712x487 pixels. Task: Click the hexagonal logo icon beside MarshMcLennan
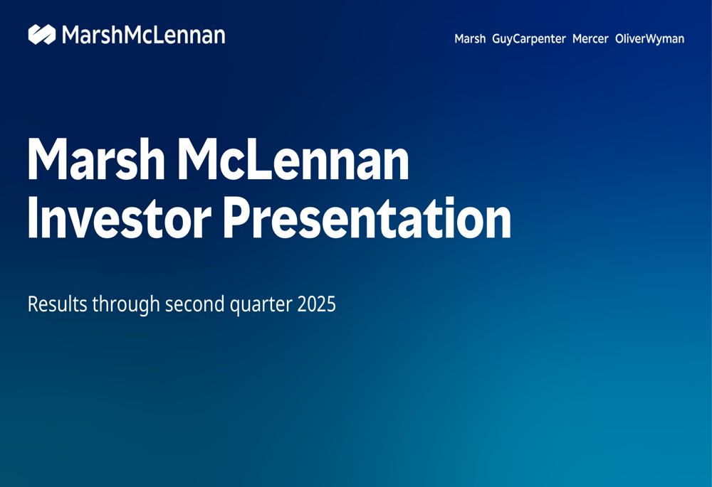[x=42, y=34]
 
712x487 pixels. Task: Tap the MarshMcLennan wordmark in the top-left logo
[x=144, y=35]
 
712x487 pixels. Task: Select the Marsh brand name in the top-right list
[x=470, y=39]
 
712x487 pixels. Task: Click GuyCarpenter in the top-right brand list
[x=529, y=39]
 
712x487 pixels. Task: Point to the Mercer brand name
[x=590, y=39]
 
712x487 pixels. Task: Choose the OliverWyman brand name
[x=650, y=39]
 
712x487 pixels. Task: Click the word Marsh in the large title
[x=96, y=159]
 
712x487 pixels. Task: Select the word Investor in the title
[x=120, y=218]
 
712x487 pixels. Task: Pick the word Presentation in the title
[x=367, y=218]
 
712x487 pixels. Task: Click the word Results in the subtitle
[x=57, y=304]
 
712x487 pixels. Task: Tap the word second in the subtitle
[x=195, y=304]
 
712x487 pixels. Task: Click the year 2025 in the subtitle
[x=317, y=304]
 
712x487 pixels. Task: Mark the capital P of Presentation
[x=238, y=218]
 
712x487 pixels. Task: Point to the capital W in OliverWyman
[x=652, y=39]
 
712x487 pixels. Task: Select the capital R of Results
[x=33, y=304]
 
